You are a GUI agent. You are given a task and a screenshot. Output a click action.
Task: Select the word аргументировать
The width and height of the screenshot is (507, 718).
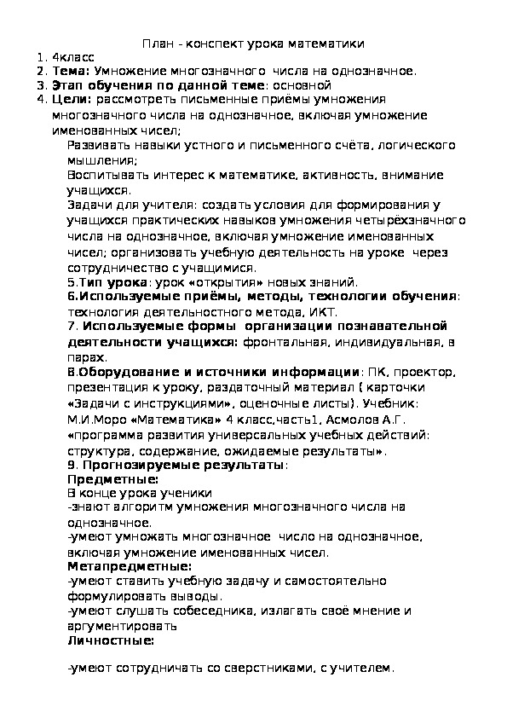click(124, 625)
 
